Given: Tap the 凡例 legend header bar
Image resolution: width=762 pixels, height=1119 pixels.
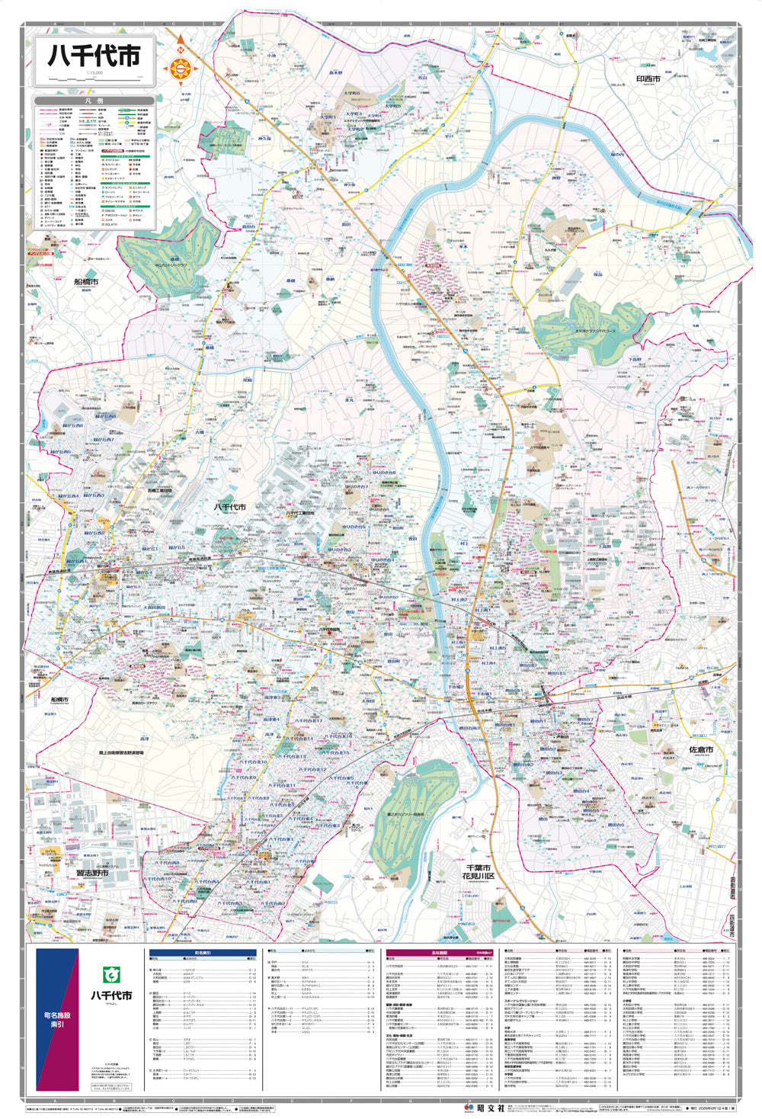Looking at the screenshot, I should [94, 101].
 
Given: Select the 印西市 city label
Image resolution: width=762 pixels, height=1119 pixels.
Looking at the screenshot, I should [648, 79].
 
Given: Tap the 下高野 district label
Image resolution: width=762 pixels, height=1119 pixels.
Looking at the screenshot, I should [634, 358].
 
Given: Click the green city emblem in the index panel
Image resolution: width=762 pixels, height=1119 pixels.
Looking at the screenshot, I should [111, 976].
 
